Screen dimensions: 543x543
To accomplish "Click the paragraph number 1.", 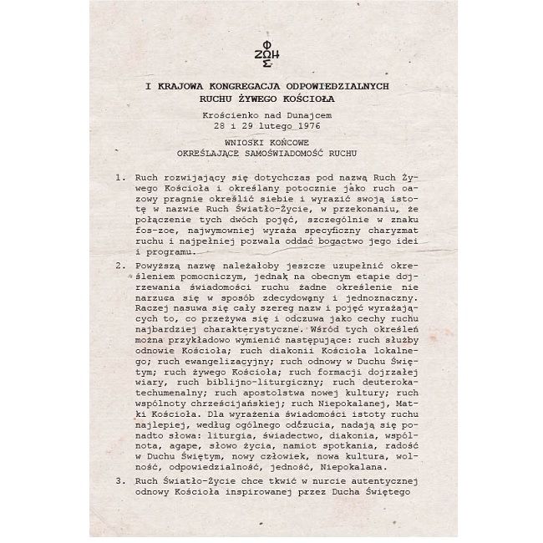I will tap(121, 179).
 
